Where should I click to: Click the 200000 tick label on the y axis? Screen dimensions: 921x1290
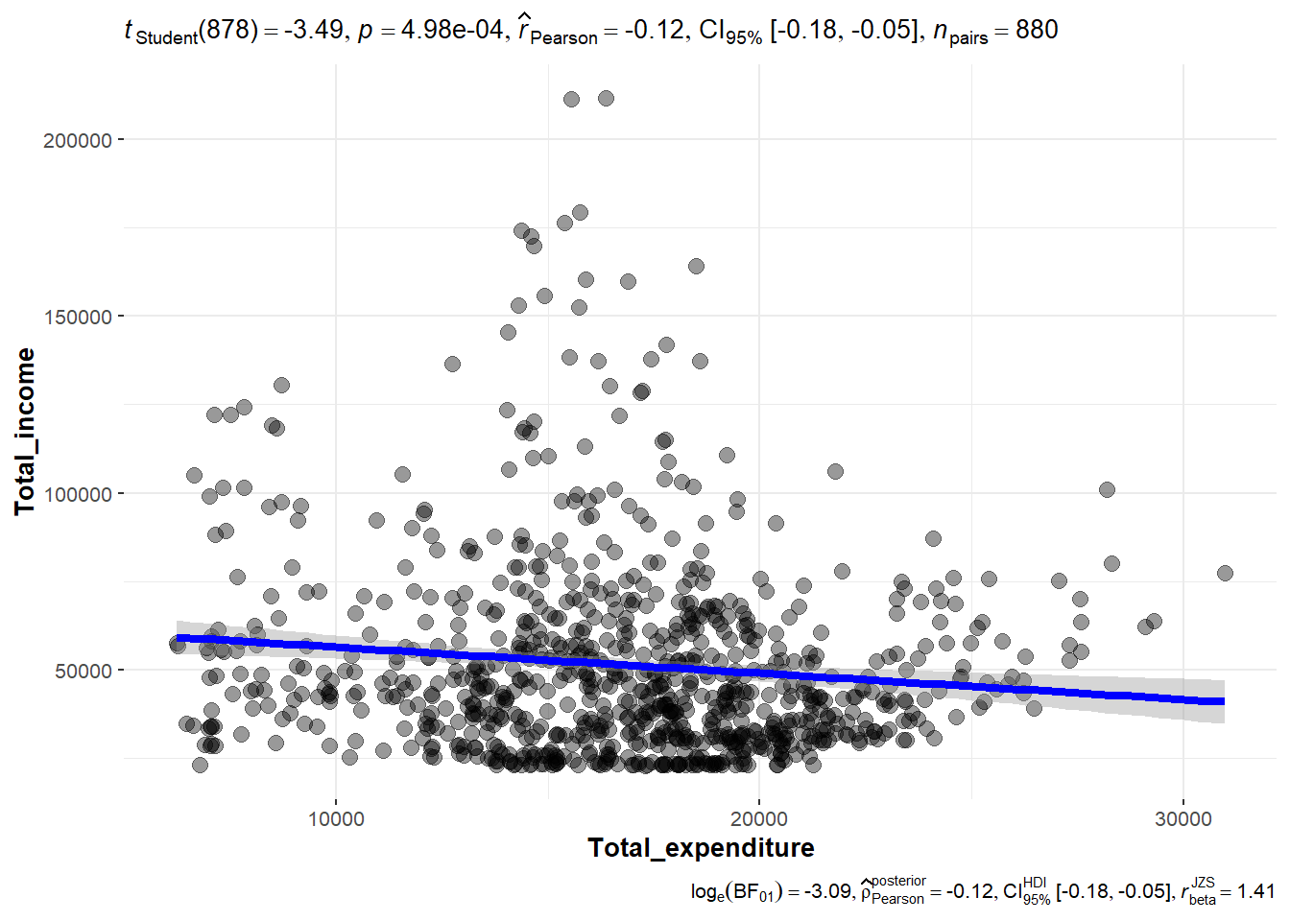coord(78,140)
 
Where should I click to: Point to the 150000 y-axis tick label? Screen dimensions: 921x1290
coord(78,317)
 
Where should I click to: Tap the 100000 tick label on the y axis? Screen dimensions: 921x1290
coord(78,494)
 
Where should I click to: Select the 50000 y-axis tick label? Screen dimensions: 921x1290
coord(84,671)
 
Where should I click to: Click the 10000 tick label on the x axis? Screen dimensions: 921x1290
coord(336,818)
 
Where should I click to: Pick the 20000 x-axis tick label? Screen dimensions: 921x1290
coord(759,818)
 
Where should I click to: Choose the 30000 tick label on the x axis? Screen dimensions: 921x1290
coord(1182,818)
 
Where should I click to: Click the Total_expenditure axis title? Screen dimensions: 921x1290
coord(701,848)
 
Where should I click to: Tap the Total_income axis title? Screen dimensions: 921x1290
coord(25,432)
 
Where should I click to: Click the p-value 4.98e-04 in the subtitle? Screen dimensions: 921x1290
coord(451,31)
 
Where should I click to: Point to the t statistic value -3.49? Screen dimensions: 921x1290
coord(313,31)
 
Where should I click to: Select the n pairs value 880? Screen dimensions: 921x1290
coord(1037,31)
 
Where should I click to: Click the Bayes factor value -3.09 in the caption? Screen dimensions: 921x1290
coord(824,891)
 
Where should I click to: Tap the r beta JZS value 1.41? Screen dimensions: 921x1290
coord(1256,891)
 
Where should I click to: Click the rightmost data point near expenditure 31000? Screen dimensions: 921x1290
coord(1225,573)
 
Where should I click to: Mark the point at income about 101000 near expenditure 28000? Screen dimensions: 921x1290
coord(1107,489)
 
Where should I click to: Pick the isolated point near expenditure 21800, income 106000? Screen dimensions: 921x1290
coord(835,471)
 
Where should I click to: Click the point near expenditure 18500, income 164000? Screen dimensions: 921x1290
coord(696,266)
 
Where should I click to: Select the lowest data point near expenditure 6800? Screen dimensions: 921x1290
coord(200,765)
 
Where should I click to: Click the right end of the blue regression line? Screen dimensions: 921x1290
coord(1222,701)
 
